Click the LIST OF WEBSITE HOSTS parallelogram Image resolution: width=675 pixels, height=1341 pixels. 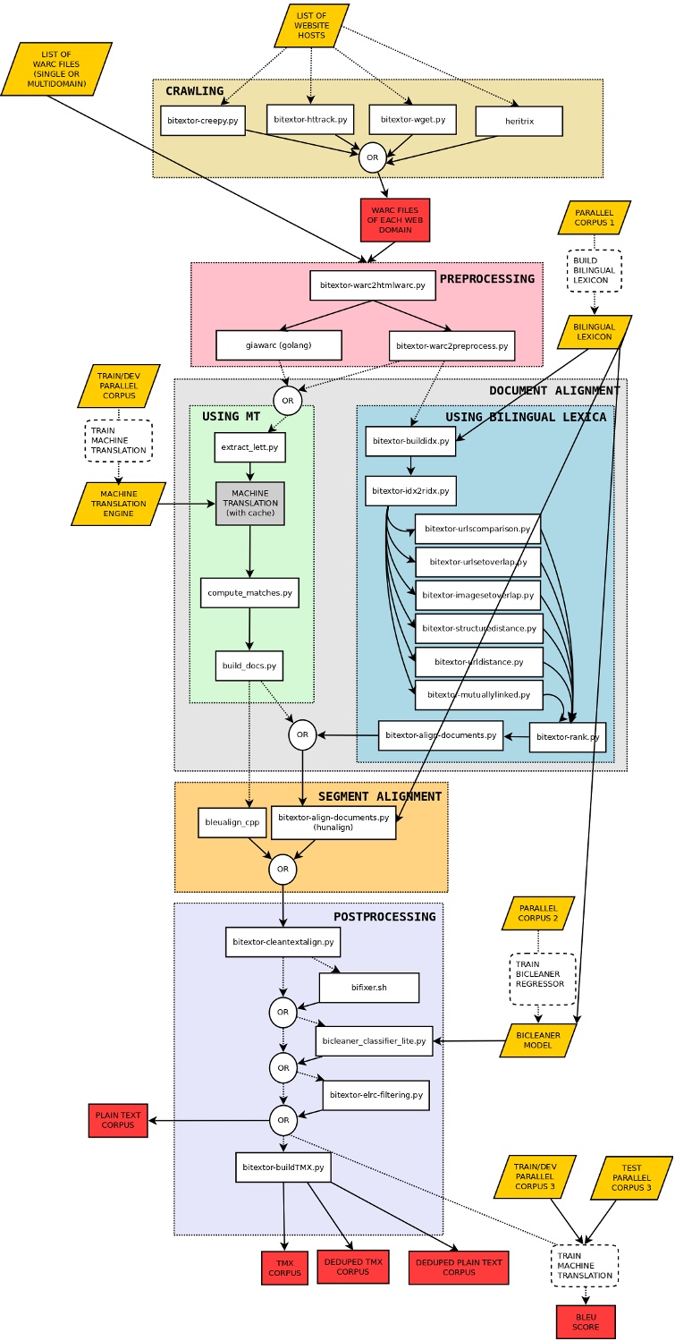311,25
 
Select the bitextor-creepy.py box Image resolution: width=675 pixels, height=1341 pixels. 203,120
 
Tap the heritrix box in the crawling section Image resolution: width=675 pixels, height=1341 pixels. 519,121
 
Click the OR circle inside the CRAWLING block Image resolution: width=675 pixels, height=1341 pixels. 373,157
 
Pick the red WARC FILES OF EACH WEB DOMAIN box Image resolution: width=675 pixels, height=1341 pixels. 395,220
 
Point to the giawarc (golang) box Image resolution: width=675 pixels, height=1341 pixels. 278,344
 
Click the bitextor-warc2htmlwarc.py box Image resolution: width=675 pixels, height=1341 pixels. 373,285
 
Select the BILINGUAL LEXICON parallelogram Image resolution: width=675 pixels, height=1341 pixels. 594,331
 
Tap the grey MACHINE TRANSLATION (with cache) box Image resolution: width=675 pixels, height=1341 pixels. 249,504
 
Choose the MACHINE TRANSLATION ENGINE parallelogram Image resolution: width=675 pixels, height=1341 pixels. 118,504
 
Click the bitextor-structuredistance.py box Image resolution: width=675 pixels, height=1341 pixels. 478,629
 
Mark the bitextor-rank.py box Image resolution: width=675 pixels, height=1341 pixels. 568,737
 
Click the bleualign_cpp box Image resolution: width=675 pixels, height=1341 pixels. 232,822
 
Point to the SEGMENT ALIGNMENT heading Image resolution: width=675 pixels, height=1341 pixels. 379,796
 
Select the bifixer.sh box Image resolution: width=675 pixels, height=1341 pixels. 368,988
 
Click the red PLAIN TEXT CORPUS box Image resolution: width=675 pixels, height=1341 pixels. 118,1120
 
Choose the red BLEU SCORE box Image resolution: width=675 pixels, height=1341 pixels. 586,1321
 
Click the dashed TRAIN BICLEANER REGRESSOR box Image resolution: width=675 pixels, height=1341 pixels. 539,978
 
